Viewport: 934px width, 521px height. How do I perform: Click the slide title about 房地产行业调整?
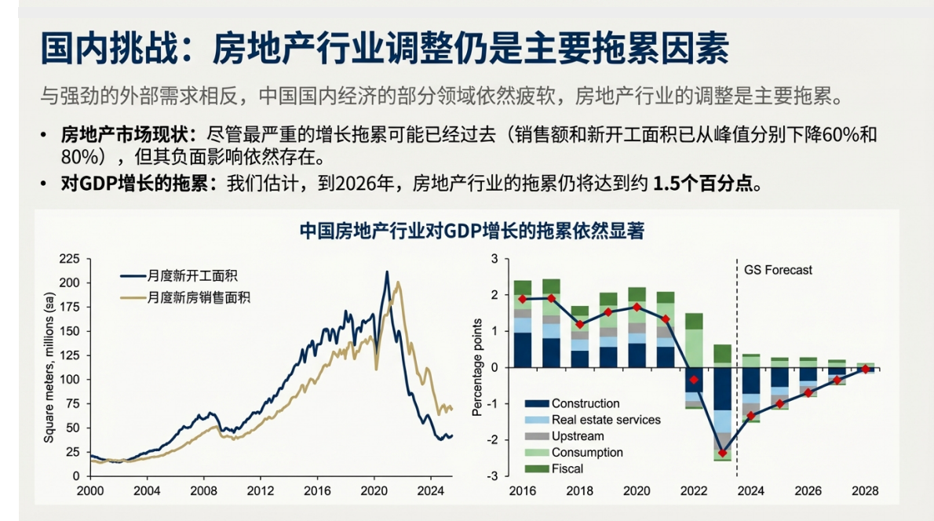click(385, 49)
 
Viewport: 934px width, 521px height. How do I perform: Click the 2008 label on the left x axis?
click(204, 491)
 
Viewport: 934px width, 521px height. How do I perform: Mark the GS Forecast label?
click(778, 270)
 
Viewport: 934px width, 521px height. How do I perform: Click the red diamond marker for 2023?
click(722, 453)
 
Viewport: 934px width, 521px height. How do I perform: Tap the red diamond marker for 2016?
click(523, 299)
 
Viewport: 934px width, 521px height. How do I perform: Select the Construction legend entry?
click(585, 403)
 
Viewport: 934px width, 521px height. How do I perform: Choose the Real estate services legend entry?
click(605, 420)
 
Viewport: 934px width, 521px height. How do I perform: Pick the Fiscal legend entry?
click(567, 468)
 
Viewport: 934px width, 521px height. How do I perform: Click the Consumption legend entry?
click(586, 452)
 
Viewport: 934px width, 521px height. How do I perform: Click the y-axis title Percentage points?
click(477, 368)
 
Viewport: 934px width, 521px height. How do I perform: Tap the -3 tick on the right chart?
click(494, 476)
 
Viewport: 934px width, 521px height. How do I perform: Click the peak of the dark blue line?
click(386, 272)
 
